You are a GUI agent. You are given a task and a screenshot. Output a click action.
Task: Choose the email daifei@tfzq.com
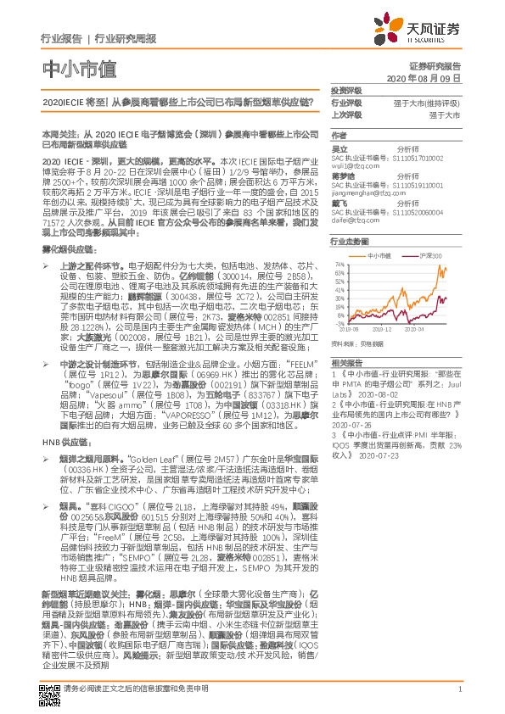pyautogui.click(x=352, y=220)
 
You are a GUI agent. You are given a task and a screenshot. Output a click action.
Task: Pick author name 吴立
pyautogui.click(x=338, y=148)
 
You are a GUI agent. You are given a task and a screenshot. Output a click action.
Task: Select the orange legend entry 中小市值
pyautogui.click(x=379, y=254)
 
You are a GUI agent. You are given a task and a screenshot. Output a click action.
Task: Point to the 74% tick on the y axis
pyautogui.click(x=338, y=265)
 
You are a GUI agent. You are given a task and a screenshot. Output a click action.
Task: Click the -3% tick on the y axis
pyautogui.click(x=339, y=323)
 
